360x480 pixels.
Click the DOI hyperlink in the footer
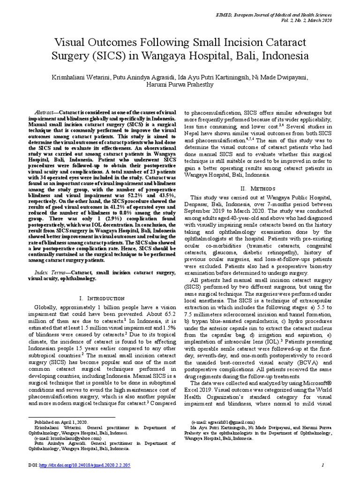101,465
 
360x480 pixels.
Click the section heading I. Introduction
102,298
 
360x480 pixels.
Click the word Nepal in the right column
193,133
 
